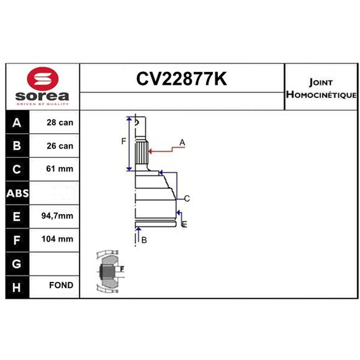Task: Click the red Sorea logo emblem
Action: point(43,78)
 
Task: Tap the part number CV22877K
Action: point(181,79)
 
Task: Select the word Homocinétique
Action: point(321,94)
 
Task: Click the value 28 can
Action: point(60,122)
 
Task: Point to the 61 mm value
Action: point(60,169)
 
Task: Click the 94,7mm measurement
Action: point(57,216)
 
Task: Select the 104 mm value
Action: point(58,239)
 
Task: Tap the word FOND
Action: point(61,285)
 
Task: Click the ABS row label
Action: point(18,193)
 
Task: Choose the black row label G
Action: point(17,264)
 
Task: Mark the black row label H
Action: point(17,287)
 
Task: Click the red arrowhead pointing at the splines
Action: point(151,151)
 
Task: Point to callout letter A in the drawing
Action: point(182,142)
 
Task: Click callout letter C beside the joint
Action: point(187,198)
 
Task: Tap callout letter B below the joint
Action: point(144,240)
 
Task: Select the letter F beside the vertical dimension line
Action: point(123,141)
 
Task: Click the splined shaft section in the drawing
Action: point(141,153)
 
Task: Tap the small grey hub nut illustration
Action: point(110,272)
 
